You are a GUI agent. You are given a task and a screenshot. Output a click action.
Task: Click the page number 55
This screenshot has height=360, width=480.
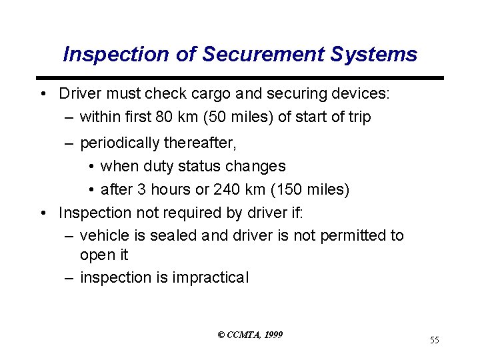[434, 341]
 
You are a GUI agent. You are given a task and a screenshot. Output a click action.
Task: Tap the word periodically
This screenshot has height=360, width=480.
[116, 143]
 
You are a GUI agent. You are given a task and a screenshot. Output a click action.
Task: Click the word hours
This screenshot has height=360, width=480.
[168, 190]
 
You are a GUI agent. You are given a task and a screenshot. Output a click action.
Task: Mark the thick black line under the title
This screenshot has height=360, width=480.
[239, 78]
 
